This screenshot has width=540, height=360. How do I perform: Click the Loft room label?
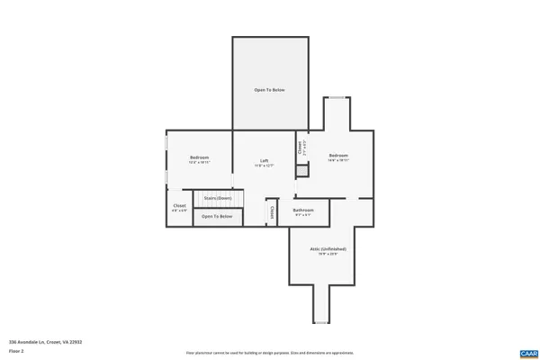click(x=265, y=160)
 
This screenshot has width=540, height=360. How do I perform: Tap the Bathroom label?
click(x=303, y=211)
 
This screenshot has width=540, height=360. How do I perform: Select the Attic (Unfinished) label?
click(x=328, y=248)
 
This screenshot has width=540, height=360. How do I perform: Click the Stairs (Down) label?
click(x=217, y=198)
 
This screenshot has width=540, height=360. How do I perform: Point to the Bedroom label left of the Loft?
click(x=199, y=157)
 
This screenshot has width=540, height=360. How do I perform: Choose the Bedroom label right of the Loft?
click(x=338, y=156)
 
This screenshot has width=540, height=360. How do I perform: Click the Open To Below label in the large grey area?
click(x=270, y=90)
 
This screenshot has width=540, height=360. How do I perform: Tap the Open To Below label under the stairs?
click(x=217, y=216)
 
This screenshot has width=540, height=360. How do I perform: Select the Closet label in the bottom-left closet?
click(x=179, y=206)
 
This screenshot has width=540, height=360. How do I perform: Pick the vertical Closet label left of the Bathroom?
click(x=271, y=211)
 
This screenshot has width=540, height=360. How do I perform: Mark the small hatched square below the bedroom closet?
click(x=302, y=170)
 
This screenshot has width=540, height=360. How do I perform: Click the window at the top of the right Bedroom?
click(x=336, y=97)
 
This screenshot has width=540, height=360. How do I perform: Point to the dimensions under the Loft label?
click(x=265, y=166)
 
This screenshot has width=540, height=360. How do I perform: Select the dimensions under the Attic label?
click(x=328, y=254)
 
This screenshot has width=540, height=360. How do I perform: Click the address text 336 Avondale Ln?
click(x=45, y=342)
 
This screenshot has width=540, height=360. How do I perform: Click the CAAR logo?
click(x=527, y=353)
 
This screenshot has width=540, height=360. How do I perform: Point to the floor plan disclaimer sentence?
click(x=270, y=353)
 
